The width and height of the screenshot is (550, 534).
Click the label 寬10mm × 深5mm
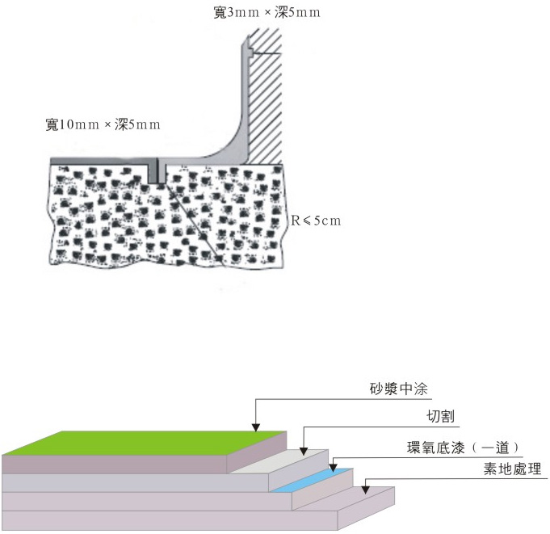[x=103, y=124]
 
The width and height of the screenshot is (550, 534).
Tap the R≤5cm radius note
[x=317, y=220]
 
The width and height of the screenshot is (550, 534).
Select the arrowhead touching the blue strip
[x=333, y=466]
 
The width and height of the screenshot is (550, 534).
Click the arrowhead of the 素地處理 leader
[x=366, y=487]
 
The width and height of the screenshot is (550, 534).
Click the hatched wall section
[x=265, y=97]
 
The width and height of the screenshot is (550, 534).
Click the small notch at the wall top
[x=251, y=53]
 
